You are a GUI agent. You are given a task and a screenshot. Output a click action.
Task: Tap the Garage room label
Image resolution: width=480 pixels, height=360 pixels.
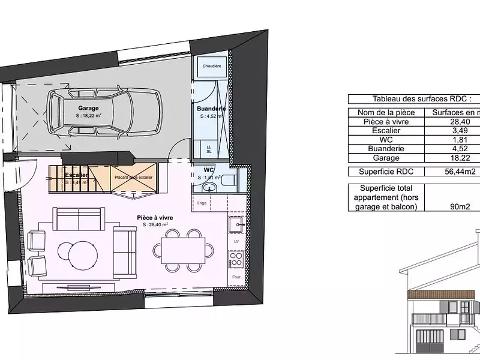click(x=88, y=109)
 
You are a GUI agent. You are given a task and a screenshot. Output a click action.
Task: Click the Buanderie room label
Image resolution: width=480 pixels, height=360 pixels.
click(x=208, y=109)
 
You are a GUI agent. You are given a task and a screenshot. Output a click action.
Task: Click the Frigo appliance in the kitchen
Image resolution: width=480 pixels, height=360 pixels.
click(x=202, y=203)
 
